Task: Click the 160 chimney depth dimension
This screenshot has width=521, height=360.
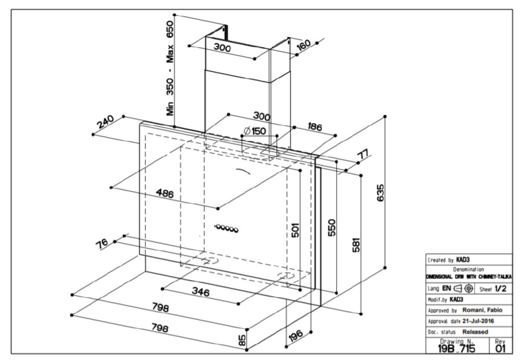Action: tap(303, 44)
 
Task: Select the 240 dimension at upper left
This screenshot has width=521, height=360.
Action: tap(106, 123)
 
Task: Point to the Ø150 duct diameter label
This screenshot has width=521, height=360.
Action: tap(255, 131)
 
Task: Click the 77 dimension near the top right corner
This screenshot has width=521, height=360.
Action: tap(362, 155)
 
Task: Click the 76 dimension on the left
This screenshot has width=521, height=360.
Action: tap(103, 244)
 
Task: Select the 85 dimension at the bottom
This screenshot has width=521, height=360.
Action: tap(242, 341)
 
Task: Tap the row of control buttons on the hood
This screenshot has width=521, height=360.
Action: tap(227, 228)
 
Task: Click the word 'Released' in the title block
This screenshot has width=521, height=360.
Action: tap(475, 331)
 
